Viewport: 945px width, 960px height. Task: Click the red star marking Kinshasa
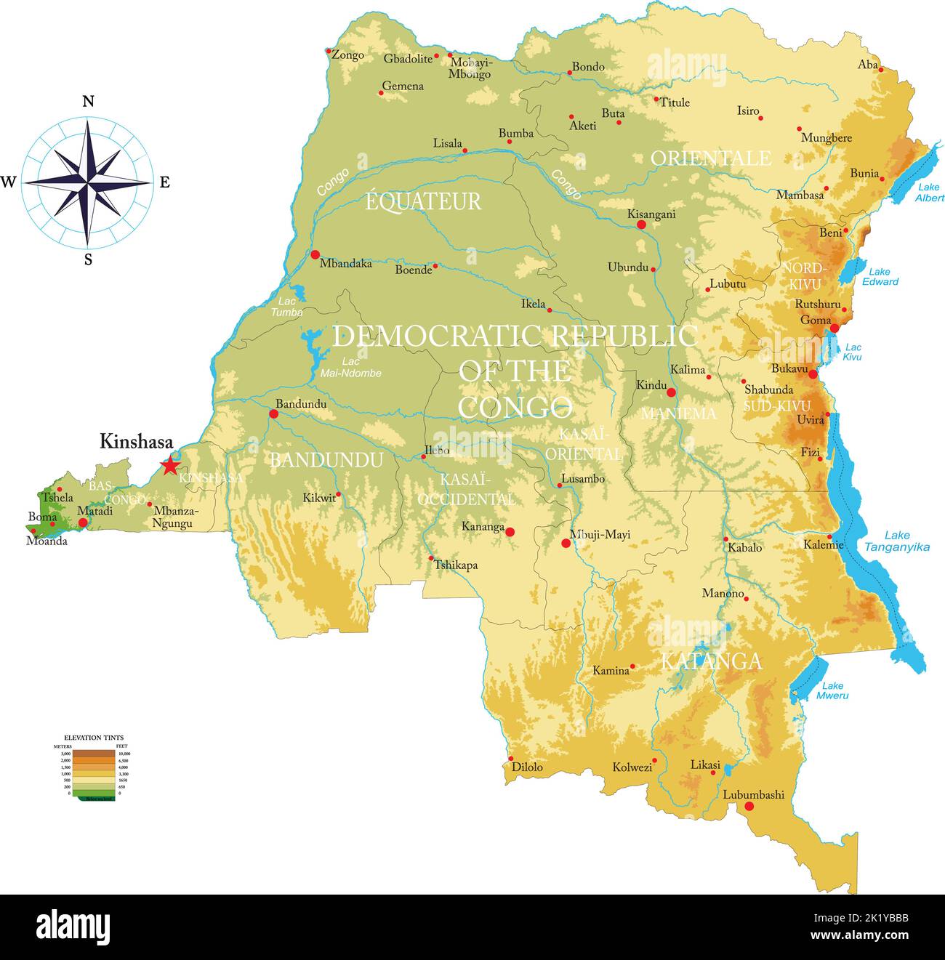point(169,465)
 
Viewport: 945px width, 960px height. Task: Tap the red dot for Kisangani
point(641,225)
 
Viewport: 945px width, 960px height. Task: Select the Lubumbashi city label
point(753,794)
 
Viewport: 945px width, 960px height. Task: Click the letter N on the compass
point(88,102)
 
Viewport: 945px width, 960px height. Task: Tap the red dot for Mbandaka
point(315,254)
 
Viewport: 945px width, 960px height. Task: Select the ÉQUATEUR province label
point(423,201)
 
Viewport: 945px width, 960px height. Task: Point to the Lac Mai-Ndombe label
point(351,368)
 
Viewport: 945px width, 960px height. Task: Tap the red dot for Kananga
point(510,532)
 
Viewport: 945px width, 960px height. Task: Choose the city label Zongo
point(347,55)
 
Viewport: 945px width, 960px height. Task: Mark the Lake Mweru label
point(832,690)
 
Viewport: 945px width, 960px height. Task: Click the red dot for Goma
point(835,328)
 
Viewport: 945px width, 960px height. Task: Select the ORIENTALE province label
point(710,158)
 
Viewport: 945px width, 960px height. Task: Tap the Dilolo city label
point(527,767)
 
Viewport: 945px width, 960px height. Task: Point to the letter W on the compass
point(9,182)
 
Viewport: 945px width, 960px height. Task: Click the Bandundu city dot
point(273,414)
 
